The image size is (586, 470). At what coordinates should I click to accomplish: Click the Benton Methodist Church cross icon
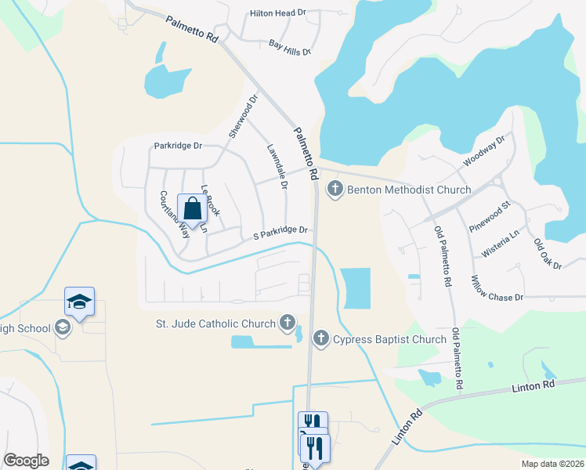click(335, 190)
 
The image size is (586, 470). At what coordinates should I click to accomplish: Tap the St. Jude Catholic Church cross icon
click(288, 322)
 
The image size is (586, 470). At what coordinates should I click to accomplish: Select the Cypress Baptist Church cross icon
click(320, 338)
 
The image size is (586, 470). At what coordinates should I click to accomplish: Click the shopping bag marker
click(191, 209)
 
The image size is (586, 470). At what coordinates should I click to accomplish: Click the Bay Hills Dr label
click(290, 48)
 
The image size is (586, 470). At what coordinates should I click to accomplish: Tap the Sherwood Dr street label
click(243, 117)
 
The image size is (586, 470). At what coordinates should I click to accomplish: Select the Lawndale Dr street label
click(277, 165)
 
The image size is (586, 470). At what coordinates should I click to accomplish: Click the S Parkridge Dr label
click(277, 231)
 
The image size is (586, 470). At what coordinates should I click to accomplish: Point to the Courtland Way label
click(175, 214)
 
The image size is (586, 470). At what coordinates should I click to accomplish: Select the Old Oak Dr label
click(548, 254)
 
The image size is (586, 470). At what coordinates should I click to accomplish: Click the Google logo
click(26, 460)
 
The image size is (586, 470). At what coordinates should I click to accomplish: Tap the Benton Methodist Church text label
click(409, 190)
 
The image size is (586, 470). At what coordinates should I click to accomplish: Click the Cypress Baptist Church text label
click(389, 339)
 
